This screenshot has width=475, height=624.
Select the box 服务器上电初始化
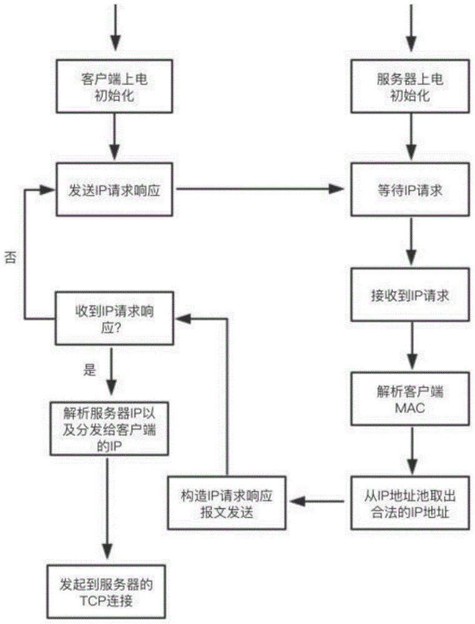pyautogui.click(x=410, y=88)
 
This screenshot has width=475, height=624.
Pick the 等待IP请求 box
pyautogui.click(x=410, y=190)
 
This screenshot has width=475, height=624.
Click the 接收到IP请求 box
pyautogui.click(x=410, y=295)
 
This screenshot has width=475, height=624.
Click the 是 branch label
pyautogui.click(x=89, y=369)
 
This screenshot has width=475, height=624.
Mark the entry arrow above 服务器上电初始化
pyautogui.click(x=410, y=28)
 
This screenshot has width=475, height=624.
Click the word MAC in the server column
pyautogui.click(x=410, y=409)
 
